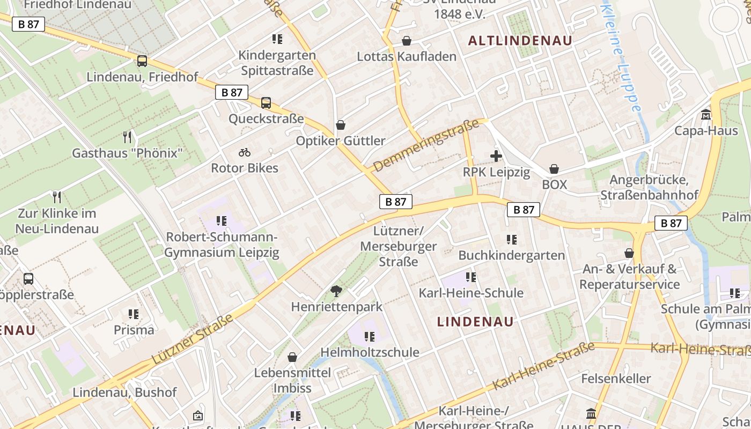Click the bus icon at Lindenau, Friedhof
pyautogui.click(x=142, y=61)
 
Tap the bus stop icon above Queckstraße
pyautogui.click(x=266, y=103)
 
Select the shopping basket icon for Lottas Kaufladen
pyautogui.click(x=407, y=41)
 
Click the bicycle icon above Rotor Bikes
pyautogui.click(x=245, y=152)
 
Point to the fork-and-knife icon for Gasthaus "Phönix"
pyautogui.click(x=127, y=137)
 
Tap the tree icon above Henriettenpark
pyautogui.click(x=336, y=291)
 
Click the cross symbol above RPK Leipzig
pyautogui.click(x=496, y=156)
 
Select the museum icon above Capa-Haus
pyautogui.click(x=706, y=115)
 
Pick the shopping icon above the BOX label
pyautogui.click(x=554, y=169)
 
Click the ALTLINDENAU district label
pyautogui.click(x=520, y=41)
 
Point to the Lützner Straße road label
pyautogui.click(x=193, y=339)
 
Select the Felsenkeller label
pyautogui.click(x=616, y=379)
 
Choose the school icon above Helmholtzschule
pyautogui.click(x=369, y=337)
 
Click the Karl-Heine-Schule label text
pyautogui.click(x=471, y=293)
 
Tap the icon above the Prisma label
pyautogui.click(x=134, y=314)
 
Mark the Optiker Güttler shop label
pyautogui.click(x=341, y=141)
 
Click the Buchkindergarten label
pyautogui.click(x=512, y=255)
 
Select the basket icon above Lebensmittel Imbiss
pyautogui.click(x=292, y=357)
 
